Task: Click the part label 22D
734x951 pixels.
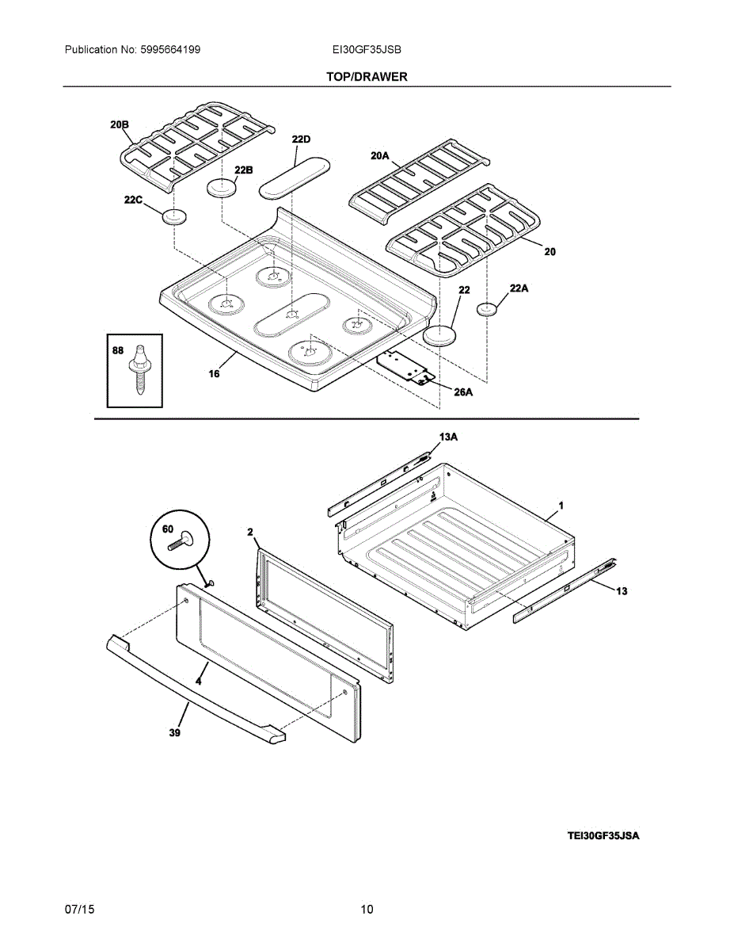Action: coord(301,139)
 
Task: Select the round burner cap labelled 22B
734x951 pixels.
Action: coord(222,188)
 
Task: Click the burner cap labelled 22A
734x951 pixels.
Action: coord(487,309)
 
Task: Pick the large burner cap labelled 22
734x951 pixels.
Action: coord(442,335)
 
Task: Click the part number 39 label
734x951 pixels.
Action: coord(174,734)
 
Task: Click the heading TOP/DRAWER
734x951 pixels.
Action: coord(367,77)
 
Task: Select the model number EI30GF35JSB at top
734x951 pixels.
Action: coord(367,49)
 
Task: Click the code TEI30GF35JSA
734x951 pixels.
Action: coord(603,835)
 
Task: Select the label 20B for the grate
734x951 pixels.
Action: coord(120,124)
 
